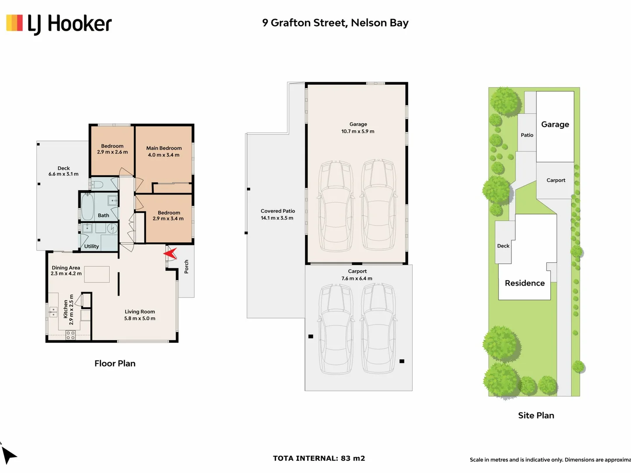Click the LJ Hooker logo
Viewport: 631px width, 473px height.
coord(59,24)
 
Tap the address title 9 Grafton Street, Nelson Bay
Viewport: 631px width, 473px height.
coord(335,23)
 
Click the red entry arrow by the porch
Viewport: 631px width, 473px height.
coord(170,254)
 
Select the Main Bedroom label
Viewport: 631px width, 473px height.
coord(164,148)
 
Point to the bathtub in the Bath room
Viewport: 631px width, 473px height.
coord(87,207)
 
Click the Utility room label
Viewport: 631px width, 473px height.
coord(92,246)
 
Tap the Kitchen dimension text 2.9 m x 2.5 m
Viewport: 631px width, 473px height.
coord(71,310)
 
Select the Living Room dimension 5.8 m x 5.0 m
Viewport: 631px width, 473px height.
coord(140,318)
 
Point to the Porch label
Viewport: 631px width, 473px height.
coord(186,267)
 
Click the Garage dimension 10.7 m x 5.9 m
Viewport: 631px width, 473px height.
coord(358,131)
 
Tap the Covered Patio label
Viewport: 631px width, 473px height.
coord(278,211)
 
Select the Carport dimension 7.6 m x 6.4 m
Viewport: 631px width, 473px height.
coord(357,278)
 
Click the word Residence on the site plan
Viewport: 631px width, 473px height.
coord(525,283)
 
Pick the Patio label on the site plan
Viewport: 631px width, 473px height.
coord(527,135)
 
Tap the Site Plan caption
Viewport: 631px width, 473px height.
coord(536,415)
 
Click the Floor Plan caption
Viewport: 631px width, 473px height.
coord(115,364)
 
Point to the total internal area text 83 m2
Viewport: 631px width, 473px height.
coord(353,458)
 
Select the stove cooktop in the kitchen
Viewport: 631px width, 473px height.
coord(71,335)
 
